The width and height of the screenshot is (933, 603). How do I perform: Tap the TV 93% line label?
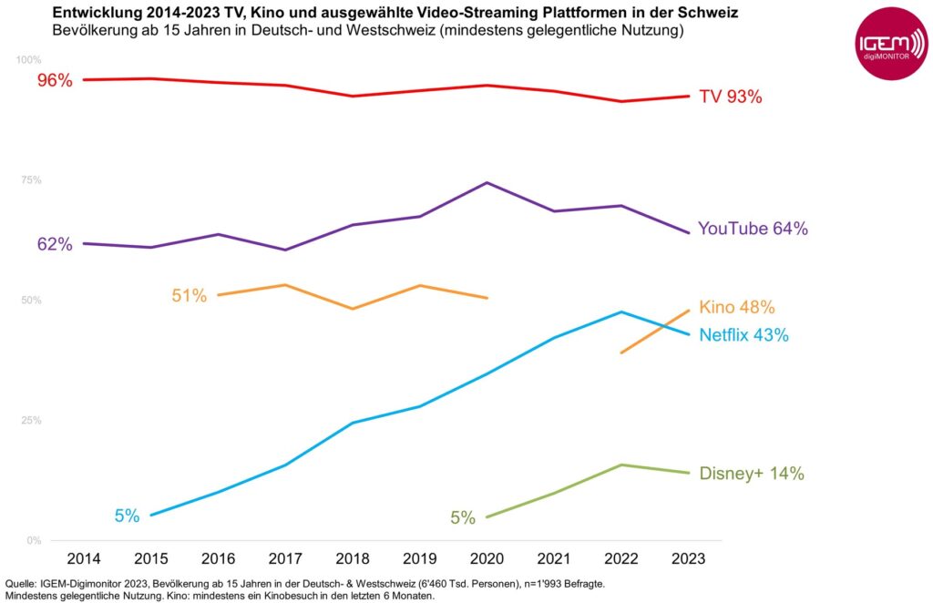click(x=730, y=97)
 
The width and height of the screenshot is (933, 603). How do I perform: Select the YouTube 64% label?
click(x=753, y=229)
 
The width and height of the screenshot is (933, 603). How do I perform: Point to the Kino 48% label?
click(x=737, y=307)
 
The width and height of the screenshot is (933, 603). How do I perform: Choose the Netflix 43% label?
click(x=743, y=335)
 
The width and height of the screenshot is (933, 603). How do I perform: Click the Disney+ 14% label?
click(x=752, y=474)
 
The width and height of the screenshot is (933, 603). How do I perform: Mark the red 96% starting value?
click(x=55, y=80)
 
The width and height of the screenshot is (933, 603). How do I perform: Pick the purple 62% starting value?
click(x=55, y=244)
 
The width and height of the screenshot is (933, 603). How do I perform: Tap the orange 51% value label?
click(x=190, y=295)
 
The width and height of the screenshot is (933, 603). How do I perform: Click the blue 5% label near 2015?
click(x=127, y=516)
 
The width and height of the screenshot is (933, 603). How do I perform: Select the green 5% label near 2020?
click(x=463, y=518)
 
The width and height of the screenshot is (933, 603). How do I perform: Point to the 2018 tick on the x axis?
click(x=353, y=557)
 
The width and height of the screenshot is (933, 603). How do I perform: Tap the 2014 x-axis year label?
click(x=83, y=557)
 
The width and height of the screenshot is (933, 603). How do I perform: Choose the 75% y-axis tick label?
click(x=31, y=180)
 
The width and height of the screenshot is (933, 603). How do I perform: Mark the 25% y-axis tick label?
click(x=31, y=421)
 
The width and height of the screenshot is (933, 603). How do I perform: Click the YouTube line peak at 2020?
click(x=487, y=183)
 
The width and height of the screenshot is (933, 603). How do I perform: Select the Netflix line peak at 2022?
click(x=621, y=312)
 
